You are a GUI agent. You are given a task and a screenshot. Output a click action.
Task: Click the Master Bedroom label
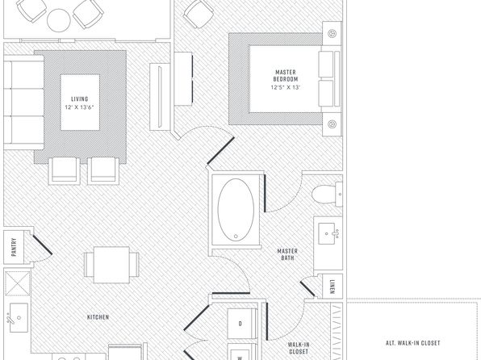coord(286,76)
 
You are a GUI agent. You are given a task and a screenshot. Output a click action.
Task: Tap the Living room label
coord(80,98)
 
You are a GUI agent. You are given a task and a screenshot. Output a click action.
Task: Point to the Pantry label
coord(14,247)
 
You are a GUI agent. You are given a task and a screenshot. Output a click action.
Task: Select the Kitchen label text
coord(98,317)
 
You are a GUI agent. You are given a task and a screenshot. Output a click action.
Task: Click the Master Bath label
coord(287,254)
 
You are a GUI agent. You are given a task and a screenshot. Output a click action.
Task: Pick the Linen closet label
coord(333,287)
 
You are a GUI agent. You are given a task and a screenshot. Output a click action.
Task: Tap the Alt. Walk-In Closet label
coord(413,343)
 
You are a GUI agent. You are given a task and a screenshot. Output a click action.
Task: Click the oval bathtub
coord(236,210)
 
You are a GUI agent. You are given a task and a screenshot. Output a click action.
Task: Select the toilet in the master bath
coord(327,195)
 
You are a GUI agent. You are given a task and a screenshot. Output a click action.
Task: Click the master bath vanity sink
coord(328,234)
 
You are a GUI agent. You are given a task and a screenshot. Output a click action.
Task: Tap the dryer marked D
coord(242,324)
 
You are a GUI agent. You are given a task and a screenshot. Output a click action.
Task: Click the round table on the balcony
coord(59,20)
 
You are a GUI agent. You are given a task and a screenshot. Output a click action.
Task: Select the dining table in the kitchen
coord(111,265)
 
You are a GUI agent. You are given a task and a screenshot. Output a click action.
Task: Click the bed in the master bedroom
coord(295,79)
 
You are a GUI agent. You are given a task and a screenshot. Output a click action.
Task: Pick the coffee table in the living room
coord(80,103)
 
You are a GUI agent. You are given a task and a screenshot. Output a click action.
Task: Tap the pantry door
coord(43,245)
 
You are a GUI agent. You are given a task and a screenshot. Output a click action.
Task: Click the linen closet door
coord(307,289)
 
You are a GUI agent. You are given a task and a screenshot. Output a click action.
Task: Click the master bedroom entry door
coord(220,150)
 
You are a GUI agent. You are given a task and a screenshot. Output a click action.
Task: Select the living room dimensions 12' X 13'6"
coord(79,107)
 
